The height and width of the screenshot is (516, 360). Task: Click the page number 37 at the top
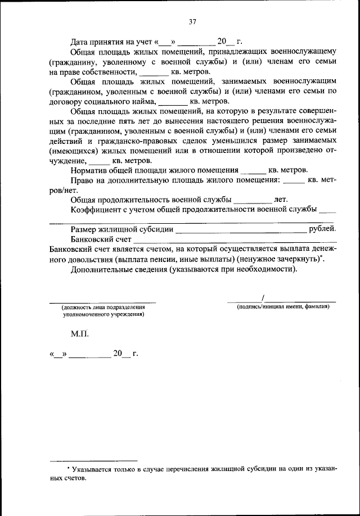[192, 22]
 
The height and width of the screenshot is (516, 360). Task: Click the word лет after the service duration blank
[281, 200]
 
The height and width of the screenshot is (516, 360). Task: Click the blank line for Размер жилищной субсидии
[242, 230]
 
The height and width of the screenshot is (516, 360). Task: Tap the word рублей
[323, 229]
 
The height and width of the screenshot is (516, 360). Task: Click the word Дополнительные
[100, 270]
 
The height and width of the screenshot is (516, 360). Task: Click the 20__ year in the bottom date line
[121, 354]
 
